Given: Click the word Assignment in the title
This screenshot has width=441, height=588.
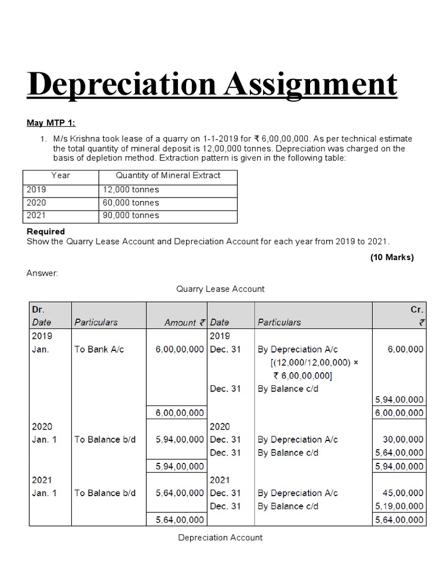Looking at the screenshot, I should [x=310, y=84].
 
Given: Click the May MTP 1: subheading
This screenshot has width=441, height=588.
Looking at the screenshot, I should [x=51, y=123].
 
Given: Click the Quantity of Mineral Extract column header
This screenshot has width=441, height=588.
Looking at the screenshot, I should [x=168, y=176].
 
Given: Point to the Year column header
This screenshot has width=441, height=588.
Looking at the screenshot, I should [x=60, y=176].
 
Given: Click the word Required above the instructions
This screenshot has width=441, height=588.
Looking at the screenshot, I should [x=46, y=231].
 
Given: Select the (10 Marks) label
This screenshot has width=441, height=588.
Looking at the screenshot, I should [x=392, y=257].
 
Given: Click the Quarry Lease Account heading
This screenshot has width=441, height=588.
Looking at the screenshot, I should [x=220, y=289].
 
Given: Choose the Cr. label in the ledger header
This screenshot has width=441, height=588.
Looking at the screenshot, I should [x=417, y=310].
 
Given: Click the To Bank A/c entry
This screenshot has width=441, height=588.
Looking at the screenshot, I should [x=99, y=349].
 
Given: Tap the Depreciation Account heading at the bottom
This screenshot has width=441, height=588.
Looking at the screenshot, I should [x=220, y=537].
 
